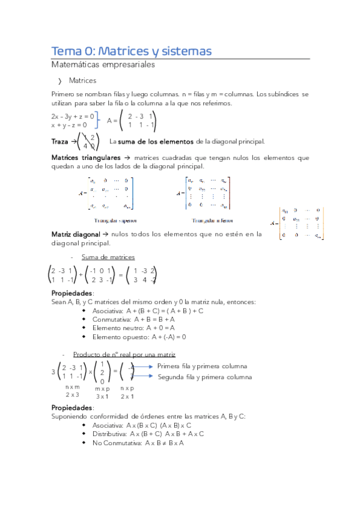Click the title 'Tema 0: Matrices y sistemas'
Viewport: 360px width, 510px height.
click(x=131, y=51)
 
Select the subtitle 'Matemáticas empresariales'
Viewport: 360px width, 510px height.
click(x=103, y=64)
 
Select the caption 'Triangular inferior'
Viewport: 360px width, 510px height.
click(x=207, y=221)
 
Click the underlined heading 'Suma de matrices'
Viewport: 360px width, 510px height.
click(x=108, y=257)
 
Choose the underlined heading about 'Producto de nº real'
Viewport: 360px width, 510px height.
click(x=124, y=355)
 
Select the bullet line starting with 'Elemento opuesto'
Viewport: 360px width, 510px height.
click(x=139, y=337)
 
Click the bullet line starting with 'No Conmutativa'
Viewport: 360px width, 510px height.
click(x=138, y=443)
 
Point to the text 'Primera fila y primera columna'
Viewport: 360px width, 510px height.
click(x=202, y=366)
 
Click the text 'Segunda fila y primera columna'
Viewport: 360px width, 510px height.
click(x=204, y=377)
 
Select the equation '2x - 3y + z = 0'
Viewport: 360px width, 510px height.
click(x=73, y=115)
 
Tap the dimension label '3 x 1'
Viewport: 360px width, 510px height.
click(x=102, y=396)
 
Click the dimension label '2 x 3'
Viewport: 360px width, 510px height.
click(x=72, y=395)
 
